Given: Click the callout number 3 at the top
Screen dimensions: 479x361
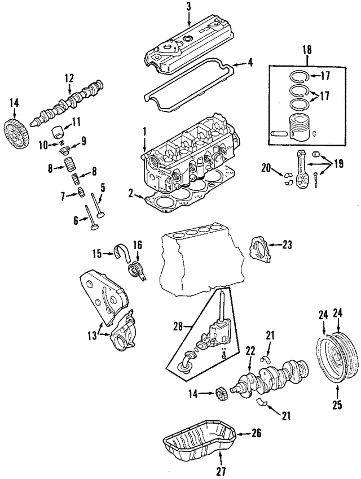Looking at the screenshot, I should coord(188,6).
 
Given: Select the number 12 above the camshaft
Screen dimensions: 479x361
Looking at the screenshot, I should coord(69,78).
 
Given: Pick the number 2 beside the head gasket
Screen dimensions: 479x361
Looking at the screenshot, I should coord(130,194).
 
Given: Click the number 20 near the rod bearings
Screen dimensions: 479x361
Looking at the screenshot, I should coord(266,167).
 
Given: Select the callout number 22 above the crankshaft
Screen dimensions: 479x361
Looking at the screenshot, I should coord(249,351).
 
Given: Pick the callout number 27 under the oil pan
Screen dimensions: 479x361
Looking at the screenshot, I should coord(221,471).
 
